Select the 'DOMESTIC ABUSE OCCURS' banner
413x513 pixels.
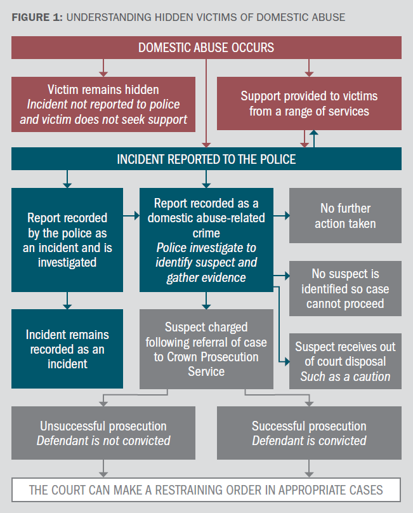(x=206, y=48)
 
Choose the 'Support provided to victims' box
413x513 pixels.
(x=309, y=104)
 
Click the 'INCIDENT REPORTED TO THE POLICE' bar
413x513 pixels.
(x=206, y=159)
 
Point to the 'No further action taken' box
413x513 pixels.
(x=345, y=216)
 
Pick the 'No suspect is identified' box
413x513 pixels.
(x=345, y=288)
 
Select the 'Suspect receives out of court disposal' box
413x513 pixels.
(x=345, y=362)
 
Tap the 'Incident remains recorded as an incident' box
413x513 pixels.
(x=67, y=349)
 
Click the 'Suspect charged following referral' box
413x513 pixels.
(x=206, y=349)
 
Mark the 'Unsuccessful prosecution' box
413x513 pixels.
(x=103, y=433)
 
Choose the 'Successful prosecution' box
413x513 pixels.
(x=309, y=433)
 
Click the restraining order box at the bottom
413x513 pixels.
(x=206, y=490)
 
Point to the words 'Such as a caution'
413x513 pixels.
(x=345, y=377)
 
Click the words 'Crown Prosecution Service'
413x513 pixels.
(x=206, y=363)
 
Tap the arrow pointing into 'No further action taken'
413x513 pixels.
(x=285, y=216)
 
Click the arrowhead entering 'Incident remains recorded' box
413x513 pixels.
(x=67, y=305)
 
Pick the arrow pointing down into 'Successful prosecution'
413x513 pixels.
(x=309, y=403)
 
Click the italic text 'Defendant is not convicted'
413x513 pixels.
(x=103, y=441)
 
